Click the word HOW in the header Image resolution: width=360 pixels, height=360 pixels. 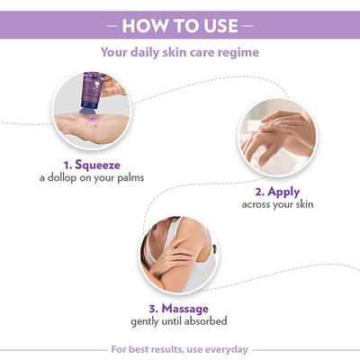[143, 24]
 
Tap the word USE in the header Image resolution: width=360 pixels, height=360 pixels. [214, 24]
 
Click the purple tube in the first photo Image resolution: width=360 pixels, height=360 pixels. [92, 93]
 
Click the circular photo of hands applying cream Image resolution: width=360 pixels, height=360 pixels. [276, 137]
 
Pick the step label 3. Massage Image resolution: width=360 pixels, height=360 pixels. [178, 308]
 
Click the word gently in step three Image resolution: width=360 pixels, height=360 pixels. [148, 321]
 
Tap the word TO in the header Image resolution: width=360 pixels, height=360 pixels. [180, 24]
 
